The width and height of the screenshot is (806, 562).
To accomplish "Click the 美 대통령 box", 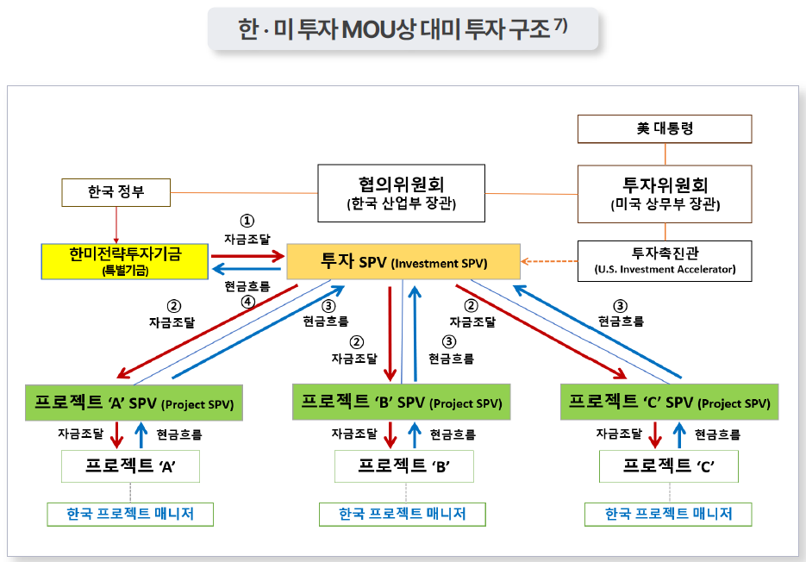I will coord(665,129).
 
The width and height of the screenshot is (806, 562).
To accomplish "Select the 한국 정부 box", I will coord(116,191).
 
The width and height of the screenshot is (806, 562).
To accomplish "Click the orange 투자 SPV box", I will coord(403,262).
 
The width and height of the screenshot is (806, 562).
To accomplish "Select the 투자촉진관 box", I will coord(665,260).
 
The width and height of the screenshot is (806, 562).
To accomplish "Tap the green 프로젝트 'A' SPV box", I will coord(134,403).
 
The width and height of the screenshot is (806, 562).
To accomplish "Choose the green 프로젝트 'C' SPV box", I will coord(669,403).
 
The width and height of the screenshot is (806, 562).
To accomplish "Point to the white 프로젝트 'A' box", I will coord(130,466).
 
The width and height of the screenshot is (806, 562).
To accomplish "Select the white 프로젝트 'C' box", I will coord(668,466).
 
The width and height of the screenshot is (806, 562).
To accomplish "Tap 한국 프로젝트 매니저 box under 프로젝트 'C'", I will coord(668,514).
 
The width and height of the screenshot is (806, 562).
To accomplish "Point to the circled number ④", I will coord(247,302).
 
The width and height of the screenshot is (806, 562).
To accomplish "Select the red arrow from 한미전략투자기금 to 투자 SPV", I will coord(248,254).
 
